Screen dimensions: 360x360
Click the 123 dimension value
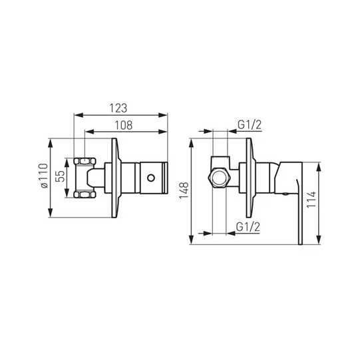click(118, 108)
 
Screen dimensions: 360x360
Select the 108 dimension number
click(124, 125)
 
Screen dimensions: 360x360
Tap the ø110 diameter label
click(45, 176)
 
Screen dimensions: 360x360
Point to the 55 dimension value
click(61, 176)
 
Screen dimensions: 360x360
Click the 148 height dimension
click(184, 190)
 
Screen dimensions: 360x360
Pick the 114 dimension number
click(312, 199)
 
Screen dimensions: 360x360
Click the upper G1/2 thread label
click(250, 125)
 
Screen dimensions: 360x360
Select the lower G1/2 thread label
click(248, 227)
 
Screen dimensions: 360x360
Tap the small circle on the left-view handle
click(151, 178)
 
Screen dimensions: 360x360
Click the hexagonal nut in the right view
click(218, 178)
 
